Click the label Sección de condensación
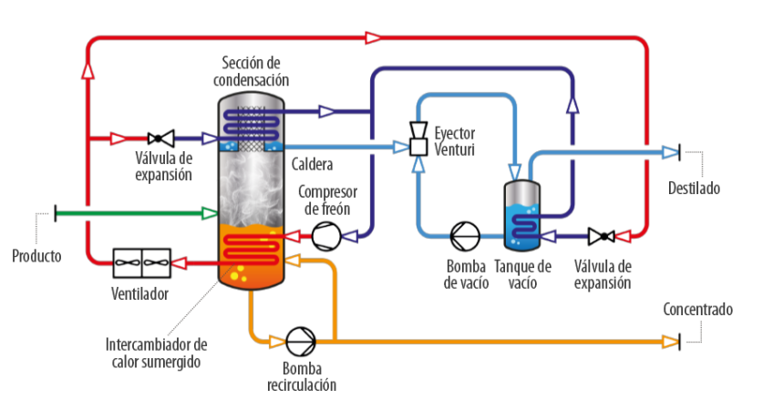(x=251, y=71)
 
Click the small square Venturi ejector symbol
(x=418, y=146)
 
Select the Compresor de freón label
(x=327, y=200)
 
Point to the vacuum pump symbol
(x=465, y=236)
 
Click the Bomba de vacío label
(x=466, y=274)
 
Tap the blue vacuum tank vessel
(x=522, y=215)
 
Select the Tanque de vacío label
(x=522, y=274)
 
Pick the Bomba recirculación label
(x=301, y=376)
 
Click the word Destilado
(x=694, y=189)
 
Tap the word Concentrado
(x=698, y=310)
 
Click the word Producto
(x=36, y=256)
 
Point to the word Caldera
(x=312, y=165)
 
